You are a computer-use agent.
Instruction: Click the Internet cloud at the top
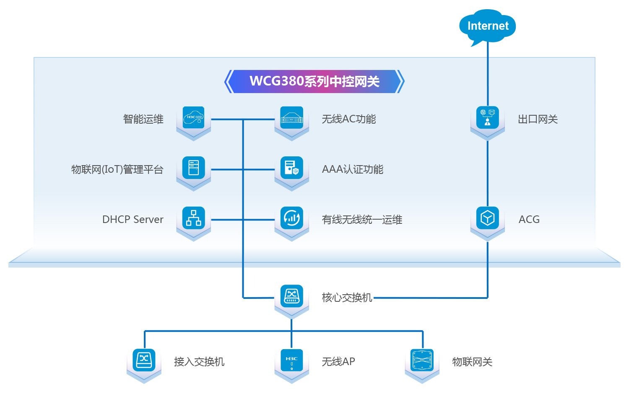coord(488,26)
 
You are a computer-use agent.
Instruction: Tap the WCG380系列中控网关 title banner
coord(314,81)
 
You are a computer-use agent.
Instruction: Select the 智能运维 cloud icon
coord(194,118)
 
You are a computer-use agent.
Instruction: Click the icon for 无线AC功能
coord(291,118)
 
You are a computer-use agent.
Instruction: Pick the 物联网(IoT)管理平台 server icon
coord(194,168)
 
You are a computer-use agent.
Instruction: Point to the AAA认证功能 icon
coord(291,168)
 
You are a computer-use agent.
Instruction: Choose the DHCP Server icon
coord(194,218)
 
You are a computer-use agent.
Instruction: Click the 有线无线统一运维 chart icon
coord(291,218)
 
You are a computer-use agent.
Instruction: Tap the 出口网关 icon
coord(488,118)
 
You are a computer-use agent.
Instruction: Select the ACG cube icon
coord(488,218)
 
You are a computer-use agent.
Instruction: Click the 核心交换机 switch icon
coord(291,296)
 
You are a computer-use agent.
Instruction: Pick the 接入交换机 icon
coord(144,360)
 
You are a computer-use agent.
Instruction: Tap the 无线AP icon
coord(291,360)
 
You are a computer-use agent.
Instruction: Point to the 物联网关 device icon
coord(422,360)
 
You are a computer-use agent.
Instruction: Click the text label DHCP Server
coord(133,220)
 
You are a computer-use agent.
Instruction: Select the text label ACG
coord(529,220)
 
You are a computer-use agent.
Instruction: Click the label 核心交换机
coord(347,298)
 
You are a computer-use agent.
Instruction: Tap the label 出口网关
coord(538,119)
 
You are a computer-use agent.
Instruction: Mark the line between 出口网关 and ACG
coord(488,172)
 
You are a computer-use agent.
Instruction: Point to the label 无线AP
coord(338,362)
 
